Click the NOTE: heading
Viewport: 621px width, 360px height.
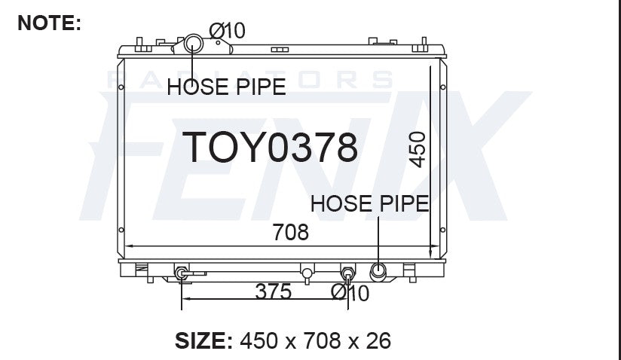coord(50,23)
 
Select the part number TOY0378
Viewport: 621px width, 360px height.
coord(270,147)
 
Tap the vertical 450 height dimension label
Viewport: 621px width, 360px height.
coord(418,150)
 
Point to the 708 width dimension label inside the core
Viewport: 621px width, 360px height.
coord(290,232)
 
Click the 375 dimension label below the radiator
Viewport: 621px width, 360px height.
coord(274,291)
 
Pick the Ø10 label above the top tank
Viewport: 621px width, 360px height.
coord(228,30)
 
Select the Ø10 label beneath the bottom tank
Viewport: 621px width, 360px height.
coord(350,293)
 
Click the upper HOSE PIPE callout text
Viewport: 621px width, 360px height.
coord(227,87)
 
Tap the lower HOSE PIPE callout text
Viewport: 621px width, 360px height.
coord(370,203)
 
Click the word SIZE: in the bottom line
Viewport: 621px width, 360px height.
coord(204,340)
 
